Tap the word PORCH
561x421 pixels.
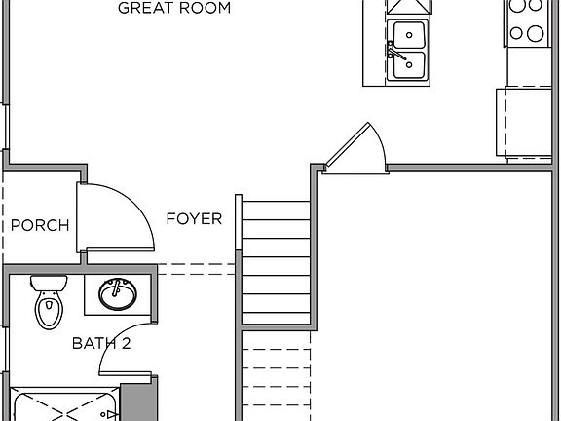(x=40, y=226)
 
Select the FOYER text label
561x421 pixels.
(x=193, y=218)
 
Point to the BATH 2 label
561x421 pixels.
(x=100, y=342)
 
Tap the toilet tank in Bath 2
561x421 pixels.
(x=48, y=284)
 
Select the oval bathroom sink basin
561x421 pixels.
(x=118, y=293)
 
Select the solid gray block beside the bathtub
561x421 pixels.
(x=137, y=400)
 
